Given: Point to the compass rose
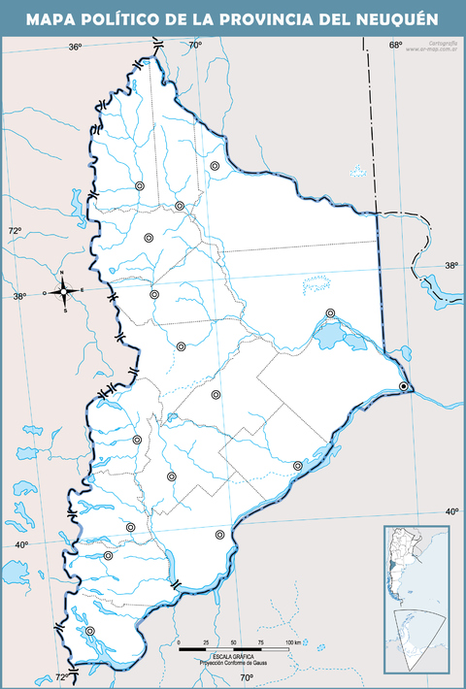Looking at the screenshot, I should point(64,290).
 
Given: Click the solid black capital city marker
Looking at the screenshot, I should point(404,387).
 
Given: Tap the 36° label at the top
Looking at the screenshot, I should point(76,47).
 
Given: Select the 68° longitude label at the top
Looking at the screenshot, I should point(395,46).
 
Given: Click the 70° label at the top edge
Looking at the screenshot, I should point(195,46).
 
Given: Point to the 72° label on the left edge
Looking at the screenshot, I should point(15,230).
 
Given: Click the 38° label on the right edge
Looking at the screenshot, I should point(451,265).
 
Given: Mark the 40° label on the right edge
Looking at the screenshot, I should point(451,511).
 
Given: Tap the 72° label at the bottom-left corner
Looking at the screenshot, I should point(60,676).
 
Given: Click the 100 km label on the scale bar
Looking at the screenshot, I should point(292,643).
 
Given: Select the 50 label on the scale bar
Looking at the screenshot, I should point(233,643).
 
